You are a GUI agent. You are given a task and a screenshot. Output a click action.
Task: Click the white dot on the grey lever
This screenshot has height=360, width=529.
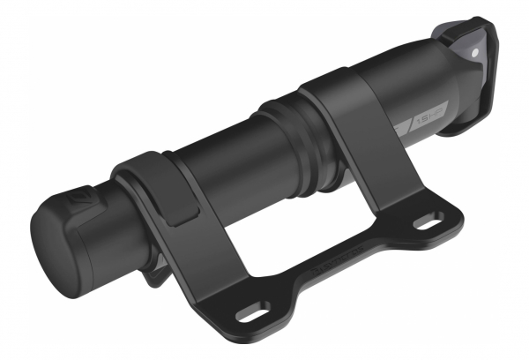475,53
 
